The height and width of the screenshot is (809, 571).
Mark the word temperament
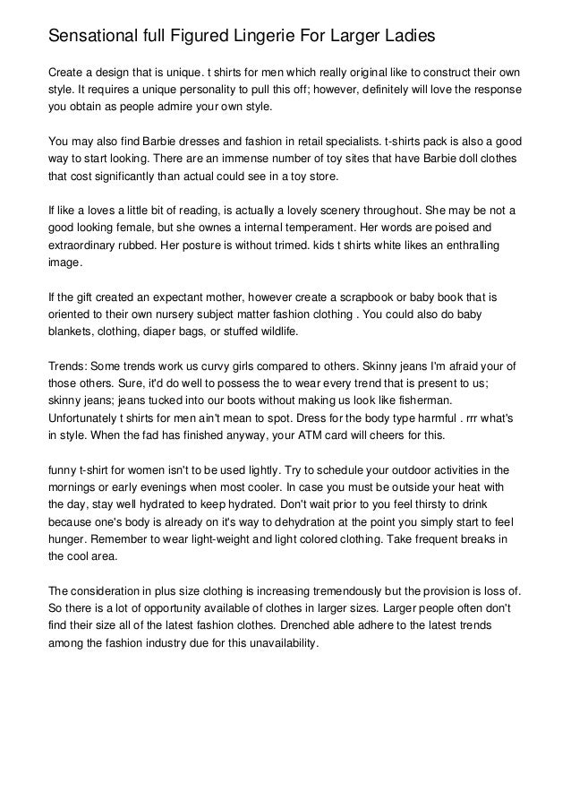[320, 228]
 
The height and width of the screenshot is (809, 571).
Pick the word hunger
[68, 538]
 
